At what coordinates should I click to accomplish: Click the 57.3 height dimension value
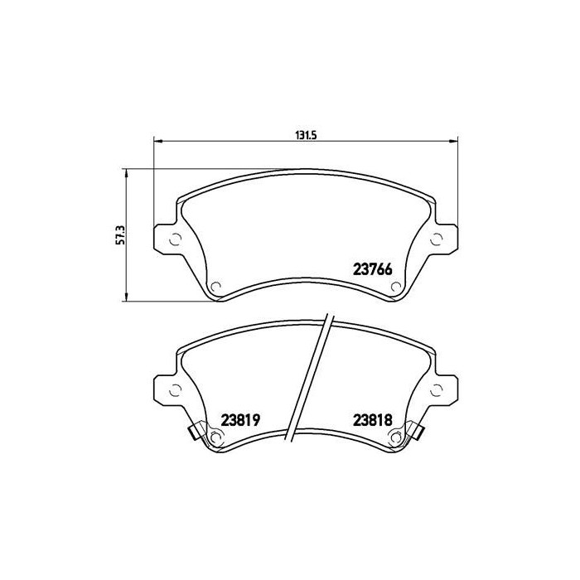coord(120,235)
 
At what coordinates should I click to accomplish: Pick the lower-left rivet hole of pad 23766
coord(216,288)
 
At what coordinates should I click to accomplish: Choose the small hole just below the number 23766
coord(395,288)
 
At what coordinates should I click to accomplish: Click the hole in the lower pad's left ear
coord(176,390)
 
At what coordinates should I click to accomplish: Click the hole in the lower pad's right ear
coord(437,390)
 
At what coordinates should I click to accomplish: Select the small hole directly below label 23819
coord(216,438)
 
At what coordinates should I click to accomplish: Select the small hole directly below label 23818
coord(395,438)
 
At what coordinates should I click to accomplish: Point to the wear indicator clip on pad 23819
coord(196,431)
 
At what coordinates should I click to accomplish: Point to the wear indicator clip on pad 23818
coord(417,431)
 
